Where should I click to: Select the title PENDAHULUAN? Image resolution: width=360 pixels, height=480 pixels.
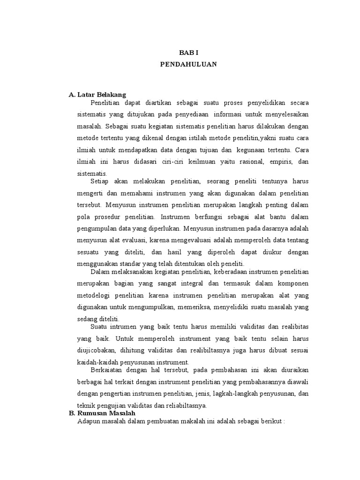[189, 64]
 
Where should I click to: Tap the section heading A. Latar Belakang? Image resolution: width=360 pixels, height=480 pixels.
[97, 95]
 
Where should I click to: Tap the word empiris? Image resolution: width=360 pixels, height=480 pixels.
[277, 162]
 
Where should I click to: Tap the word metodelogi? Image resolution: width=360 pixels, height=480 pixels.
[95, 295]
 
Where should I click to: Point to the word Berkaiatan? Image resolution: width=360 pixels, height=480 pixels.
[107, 370]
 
